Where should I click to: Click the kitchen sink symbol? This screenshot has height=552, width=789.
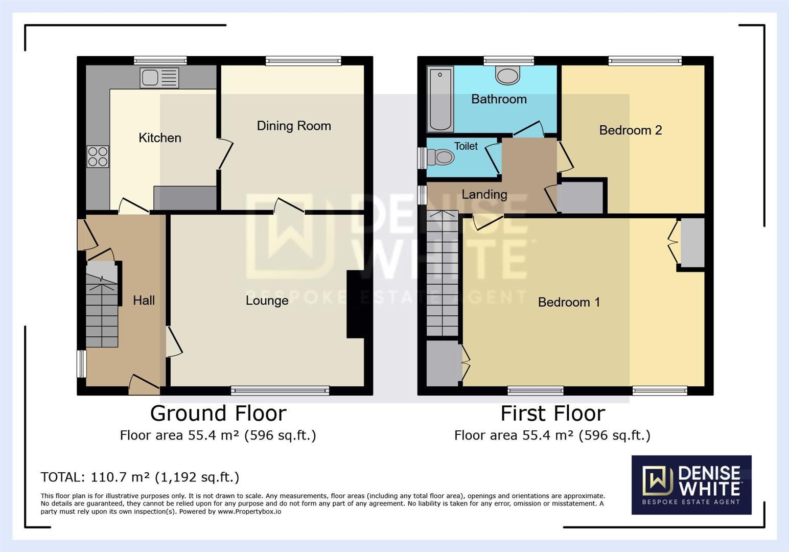(x=159, y=78)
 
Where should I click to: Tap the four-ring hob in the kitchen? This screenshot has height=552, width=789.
(x=98, y=156)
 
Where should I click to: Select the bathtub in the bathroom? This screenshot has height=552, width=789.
(x=440, y=99)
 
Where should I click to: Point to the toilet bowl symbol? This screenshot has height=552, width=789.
(x=442, y=157)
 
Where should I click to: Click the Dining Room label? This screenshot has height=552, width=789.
(x=294, y=126)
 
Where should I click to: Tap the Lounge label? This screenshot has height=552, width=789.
(x=267, y=301)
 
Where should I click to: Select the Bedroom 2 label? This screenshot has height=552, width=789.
(x=630, y=130)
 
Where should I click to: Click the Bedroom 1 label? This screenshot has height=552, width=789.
(x=568, y=302)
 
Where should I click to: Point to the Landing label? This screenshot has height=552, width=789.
(x=484, y=195)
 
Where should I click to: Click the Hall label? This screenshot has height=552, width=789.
(x=144, y=301)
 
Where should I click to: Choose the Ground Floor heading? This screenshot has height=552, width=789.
(x=218, y=413)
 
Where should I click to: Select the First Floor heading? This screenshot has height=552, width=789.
(x=552, y=413)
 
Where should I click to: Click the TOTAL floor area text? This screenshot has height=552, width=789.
(x=140, y=477)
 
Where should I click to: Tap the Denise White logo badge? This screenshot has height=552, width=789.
(x=691, y=485)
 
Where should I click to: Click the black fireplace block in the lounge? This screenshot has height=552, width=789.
(x=355, y=304)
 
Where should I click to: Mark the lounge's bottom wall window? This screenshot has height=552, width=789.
(x=280, y=391)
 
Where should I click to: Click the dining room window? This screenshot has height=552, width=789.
(x=303, y=61)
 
